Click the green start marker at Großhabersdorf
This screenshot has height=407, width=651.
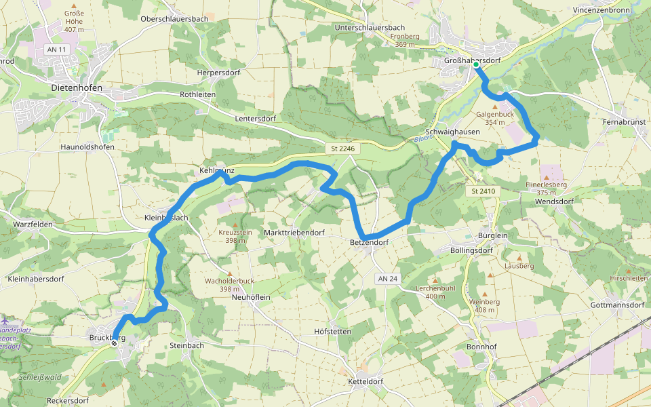(476, 64)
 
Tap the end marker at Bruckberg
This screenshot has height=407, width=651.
(114, 343)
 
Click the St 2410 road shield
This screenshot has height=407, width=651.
(484, 192)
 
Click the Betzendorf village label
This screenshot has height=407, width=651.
(370, 242)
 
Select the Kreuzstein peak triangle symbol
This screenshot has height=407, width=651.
(236, 225)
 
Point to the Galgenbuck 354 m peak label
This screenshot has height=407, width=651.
(494, 118)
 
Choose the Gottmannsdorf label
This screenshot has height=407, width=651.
(617, 305)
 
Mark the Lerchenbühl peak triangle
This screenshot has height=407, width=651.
(435, 279)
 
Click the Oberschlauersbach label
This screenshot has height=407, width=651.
(174, 18)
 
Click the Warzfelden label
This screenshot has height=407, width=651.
(33, 223)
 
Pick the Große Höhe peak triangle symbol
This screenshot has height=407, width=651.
(73, 5)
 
